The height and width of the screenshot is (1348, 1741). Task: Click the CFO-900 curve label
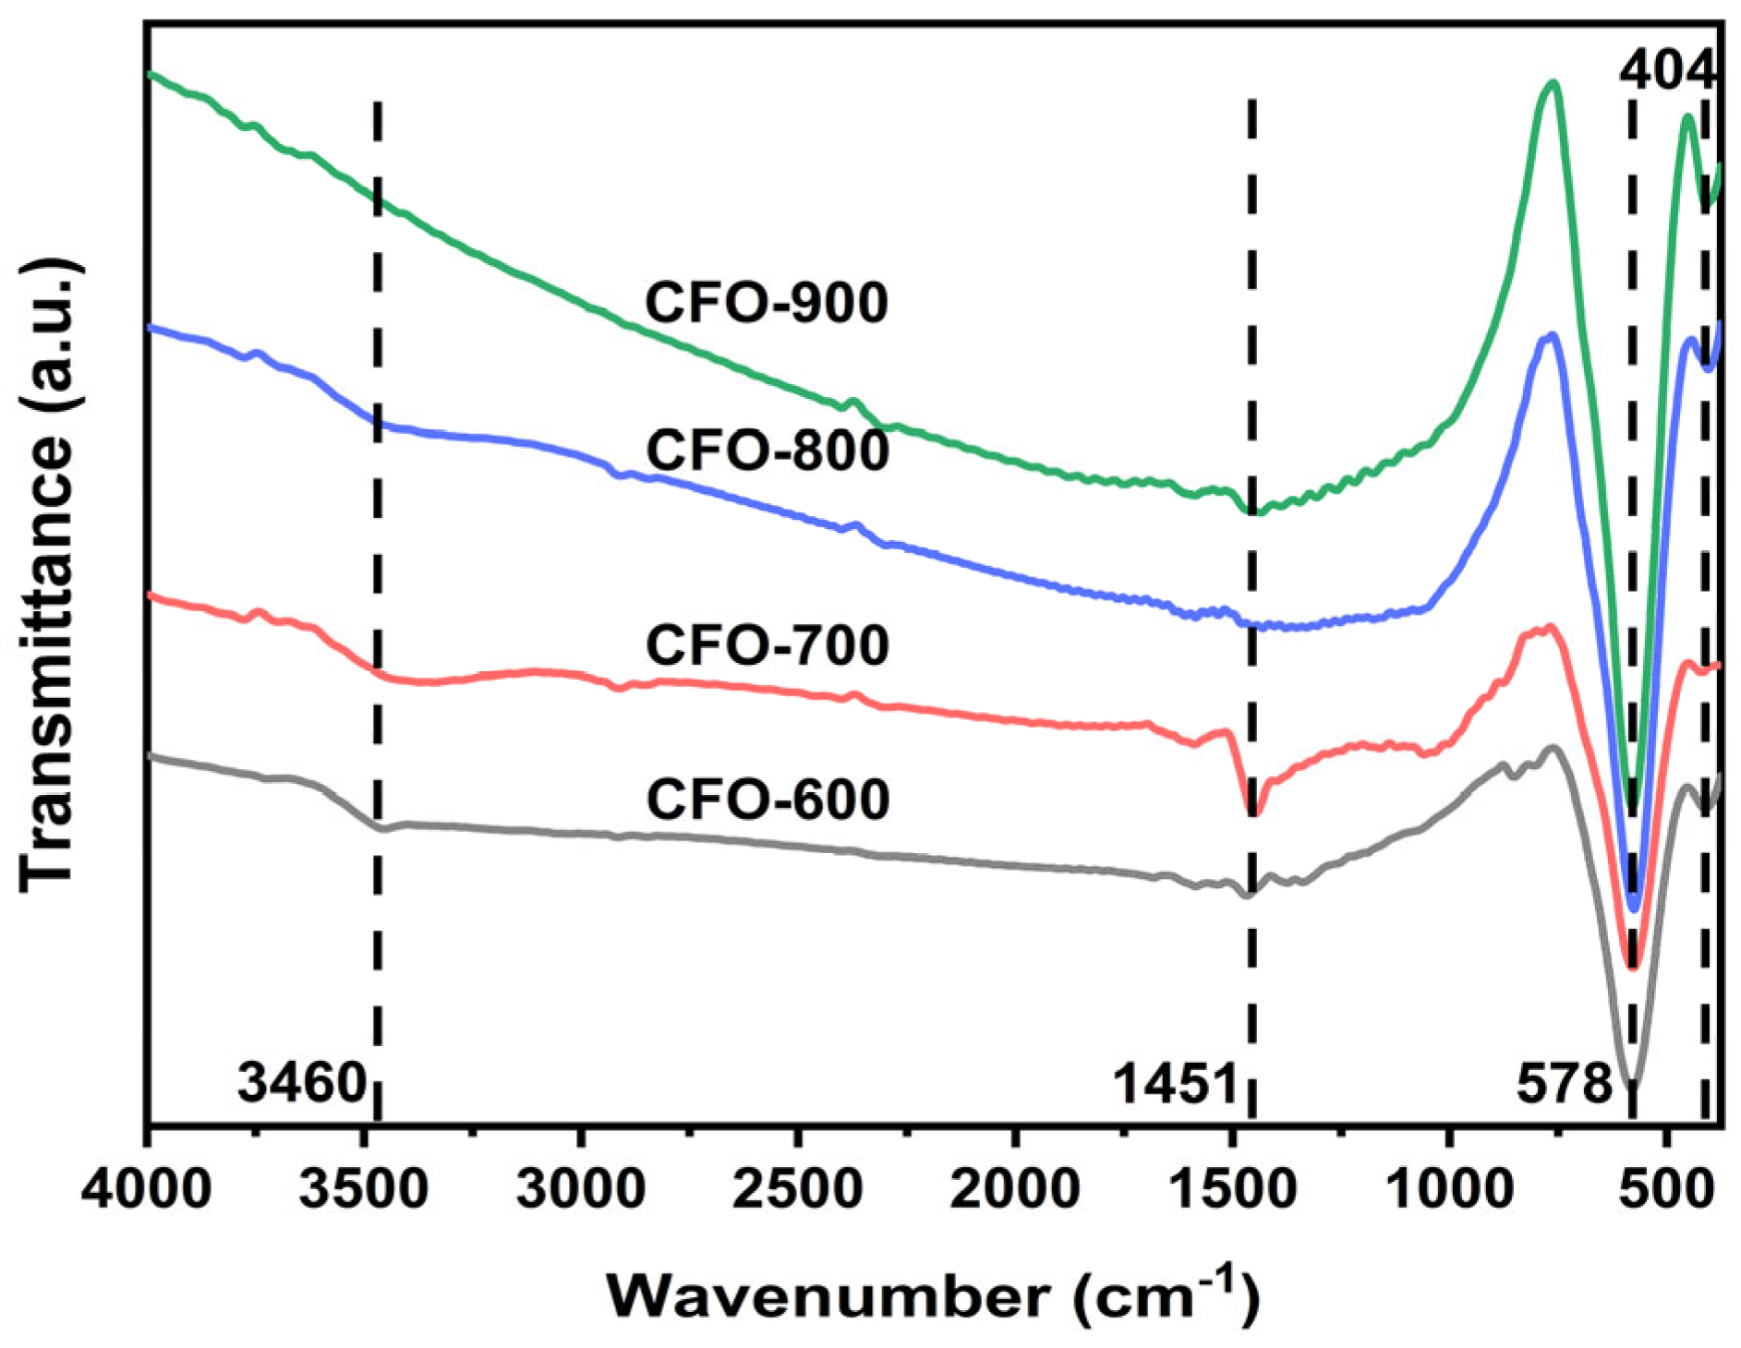click(767, 303)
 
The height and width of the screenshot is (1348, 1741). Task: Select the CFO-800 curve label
click(767, 451)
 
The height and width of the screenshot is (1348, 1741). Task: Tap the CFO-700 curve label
click(767, 645)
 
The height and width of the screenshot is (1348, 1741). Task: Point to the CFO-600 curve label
click(767, 800)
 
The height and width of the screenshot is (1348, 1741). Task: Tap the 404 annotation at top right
click(1667, 70)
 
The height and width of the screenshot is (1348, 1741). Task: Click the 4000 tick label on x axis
click(146, 1189)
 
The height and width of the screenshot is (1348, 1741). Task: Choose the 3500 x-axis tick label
click(364, 1189)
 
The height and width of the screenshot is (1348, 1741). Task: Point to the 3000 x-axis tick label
click(581, 1189)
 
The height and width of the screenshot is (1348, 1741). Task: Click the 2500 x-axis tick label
click(798, 1189)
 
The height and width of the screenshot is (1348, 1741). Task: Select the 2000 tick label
click(1014, 1189)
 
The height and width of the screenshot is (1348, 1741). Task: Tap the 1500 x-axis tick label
click(1232, 1189)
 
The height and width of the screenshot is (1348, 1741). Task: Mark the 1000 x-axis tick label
click(1449, 1189)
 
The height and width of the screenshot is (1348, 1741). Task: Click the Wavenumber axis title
click(933, 1296)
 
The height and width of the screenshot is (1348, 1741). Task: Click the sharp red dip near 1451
click(1253, 812)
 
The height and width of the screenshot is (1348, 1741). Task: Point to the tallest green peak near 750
click(1554, 85)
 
